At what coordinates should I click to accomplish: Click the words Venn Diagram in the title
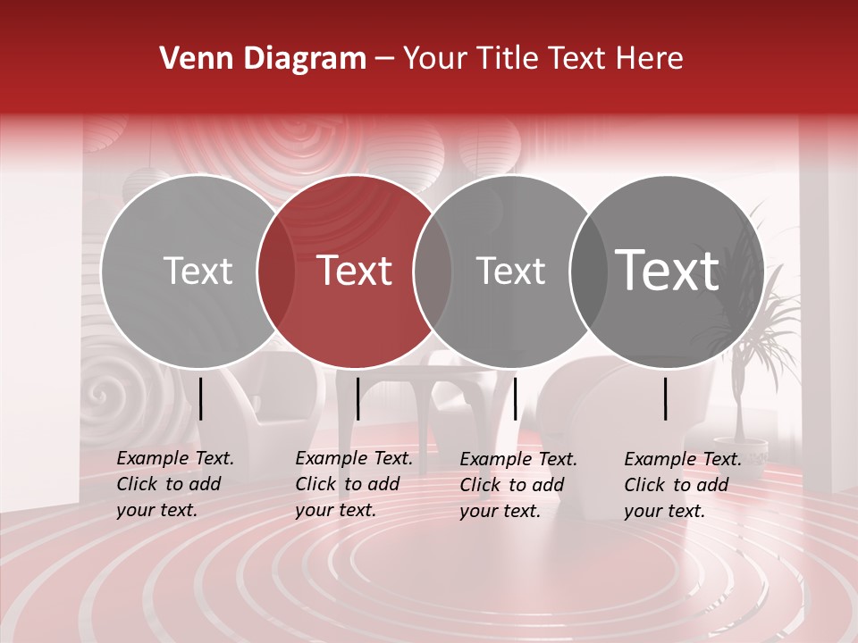point(262,59)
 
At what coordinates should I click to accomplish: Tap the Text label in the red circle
point(354,271)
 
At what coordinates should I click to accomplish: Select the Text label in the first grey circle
point(198,271)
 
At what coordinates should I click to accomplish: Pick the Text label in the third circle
point(510,271)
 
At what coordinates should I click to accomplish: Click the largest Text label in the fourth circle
point(667,270)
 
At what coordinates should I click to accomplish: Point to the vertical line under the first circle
point(201,398)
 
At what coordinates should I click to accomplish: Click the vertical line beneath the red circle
point(357,398)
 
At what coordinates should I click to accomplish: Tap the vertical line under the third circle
point(516,398)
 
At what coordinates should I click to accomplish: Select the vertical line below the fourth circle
point(666,398)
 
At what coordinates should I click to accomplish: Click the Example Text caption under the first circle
point(175,484)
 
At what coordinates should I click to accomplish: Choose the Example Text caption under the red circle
point(354,484)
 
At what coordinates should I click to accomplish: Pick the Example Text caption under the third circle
point(518,485)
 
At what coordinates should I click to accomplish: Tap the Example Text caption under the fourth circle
point(683,485)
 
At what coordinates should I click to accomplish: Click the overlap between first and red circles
point(276,271)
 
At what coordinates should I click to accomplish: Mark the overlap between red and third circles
point(433,271)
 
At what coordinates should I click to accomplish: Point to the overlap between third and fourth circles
point(588,271)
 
